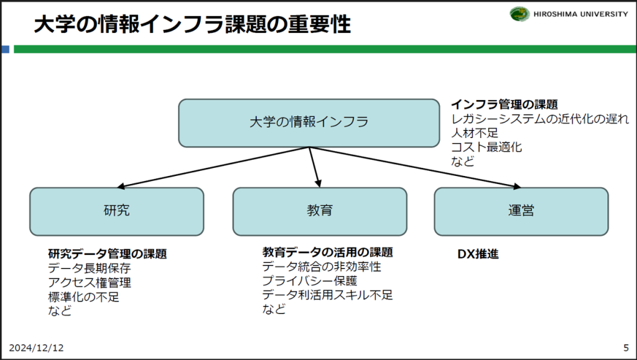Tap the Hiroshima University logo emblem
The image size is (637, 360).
(x=519, y=14)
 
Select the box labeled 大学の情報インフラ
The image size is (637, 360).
(x=309, y=122)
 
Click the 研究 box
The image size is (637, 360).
(x=116, y=211)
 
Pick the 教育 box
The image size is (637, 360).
(x=320, y=211)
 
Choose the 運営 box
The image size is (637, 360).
(x=521, y=211)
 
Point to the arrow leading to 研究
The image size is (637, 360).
(x=212, y=167)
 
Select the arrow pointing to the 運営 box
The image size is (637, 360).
(x=417, y=167)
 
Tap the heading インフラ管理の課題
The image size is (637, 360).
(x=504, y=104)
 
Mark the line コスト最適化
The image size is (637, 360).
(x=486, y=147)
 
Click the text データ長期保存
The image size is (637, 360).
(x=90, y=269)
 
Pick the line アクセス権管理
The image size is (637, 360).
(x=90, y=283)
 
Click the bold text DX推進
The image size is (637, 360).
(x=478, y=254)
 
